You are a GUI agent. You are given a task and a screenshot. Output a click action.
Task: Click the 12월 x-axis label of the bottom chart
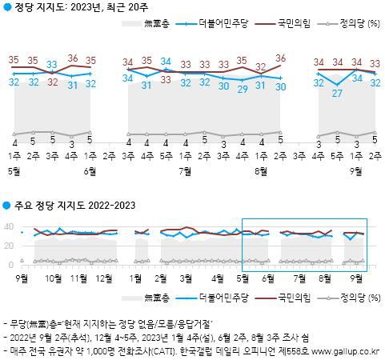pyautogui.click(x=103, y=278)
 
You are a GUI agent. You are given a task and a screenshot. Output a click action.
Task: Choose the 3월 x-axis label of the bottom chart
pyautogui.click(x=186, y=278)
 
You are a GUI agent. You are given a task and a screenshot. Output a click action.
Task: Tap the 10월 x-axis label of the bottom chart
pyautogui.click(x=55, y=278)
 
